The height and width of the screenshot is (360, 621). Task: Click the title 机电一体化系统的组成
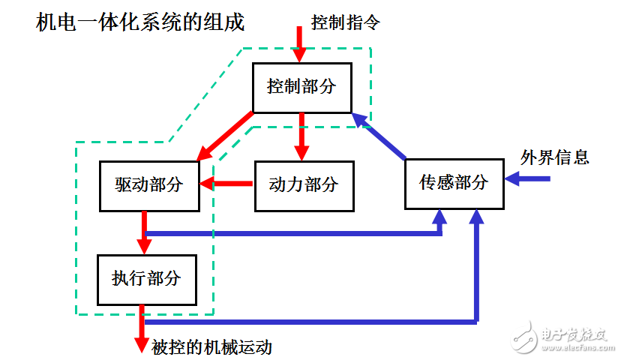[x=140, y=22]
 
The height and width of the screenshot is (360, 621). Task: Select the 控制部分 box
[x=301, y=86]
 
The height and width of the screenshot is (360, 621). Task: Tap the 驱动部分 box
[x=149, y=184]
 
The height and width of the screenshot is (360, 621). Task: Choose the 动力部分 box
[x=304, y=184]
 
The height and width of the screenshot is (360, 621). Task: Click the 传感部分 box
[x=454, y=182]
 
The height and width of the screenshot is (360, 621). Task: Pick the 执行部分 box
[x=147, y=279]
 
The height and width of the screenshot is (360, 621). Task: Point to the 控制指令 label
[x=346, y=22]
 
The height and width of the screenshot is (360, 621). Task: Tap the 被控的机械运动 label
[x=211, y=346]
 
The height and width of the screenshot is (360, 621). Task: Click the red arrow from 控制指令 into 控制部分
[x=299, y=44]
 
